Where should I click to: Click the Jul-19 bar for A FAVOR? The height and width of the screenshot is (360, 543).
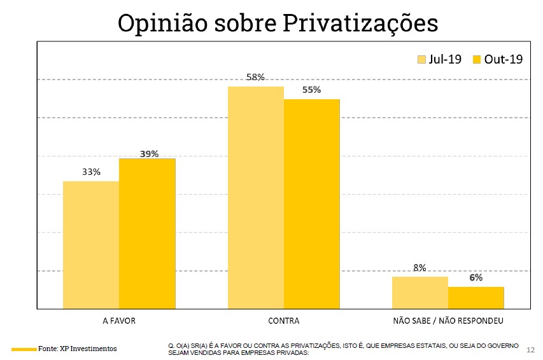point(91,245)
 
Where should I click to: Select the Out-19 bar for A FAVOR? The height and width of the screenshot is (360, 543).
point(147,233)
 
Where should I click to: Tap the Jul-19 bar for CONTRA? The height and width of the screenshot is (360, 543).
point(255,197)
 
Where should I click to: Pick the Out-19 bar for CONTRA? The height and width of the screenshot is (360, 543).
point(311,204)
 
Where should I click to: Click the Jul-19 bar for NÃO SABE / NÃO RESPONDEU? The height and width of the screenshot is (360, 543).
point(420,293)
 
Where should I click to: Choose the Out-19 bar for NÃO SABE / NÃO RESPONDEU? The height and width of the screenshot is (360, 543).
point(476,298)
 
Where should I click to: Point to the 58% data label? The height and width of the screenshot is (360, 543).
point(255,78)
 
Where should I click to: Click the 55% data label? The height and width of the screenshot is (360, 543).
point(311,90)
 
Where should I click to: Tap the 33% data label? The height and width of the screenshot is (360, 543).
point(91,172)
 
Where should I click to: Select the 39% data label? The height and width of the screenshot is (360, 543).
point(148,154)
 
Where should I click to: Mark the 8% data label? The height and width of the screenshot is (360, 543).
point(420,268)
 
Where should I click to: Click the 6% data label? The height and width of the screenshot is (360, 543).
point(476,278)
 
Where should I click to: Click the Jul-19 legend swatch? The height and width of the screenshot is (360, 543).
point(421,59)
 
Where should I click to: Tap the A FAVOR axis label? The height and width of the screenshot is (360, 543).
point(119,321)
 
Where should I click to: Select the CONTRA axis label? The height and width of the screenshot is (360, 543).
point(283,321)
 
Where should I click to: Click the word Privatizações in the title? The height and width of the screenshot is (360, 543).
point(360,24)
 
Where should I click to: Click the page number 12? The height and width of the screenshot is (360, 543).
point(531,350)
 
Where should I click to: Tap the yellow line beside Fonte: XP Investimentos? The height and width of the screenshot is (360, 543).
point(24,349)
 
